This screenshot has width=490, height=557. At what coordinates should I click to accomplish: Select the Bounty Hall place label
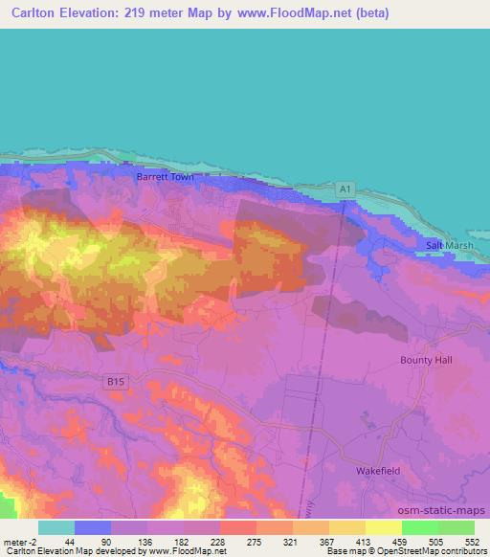(x=426, y=360)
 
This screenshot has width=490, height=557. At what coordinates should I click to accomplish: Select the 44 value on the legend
(x=70, y=541)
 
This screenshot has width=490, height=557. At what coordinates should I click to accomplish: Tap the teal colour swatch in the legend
(x=56, y=527)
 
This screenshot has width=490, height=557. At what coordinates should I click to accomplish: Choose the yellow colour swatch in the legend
(x=384, y=527)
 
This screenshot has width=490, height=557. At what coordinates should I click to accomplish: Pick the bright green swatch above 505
(x=420, y=527)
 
